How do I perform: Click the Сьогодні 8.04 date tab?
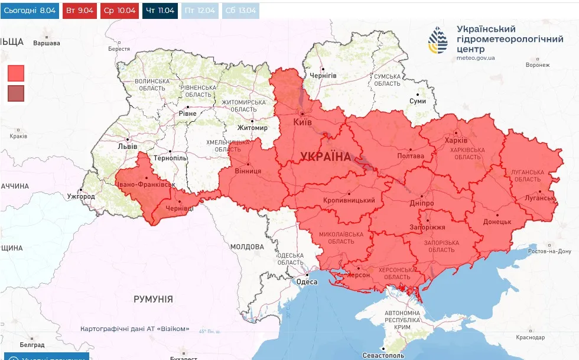pos(30,11)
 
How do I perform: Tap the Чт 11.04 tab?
pos(160,11)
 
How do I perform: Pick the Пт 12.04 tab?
pos(200,11)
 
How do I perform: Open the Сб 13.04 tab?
pos(240,11)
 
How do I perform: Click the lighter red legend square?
pos(16,73)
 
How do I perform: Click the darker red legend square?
pos(16,93)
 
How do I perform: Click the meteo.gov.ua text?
pos(476,58)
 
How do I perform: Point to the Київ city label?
pos(302,122)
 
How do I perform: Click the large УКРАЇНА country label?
pos(326,157)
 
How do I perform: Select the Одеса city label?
pos(307,282)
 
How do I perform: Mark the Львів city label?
pos(128,147)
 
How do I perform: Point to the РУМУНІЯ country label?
pos(153,299)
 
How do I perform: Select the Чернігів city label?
pos(323,76)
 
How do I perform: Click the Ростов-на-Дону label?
pos(549,251)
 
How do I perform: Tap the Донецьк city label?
pos(497,222)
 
